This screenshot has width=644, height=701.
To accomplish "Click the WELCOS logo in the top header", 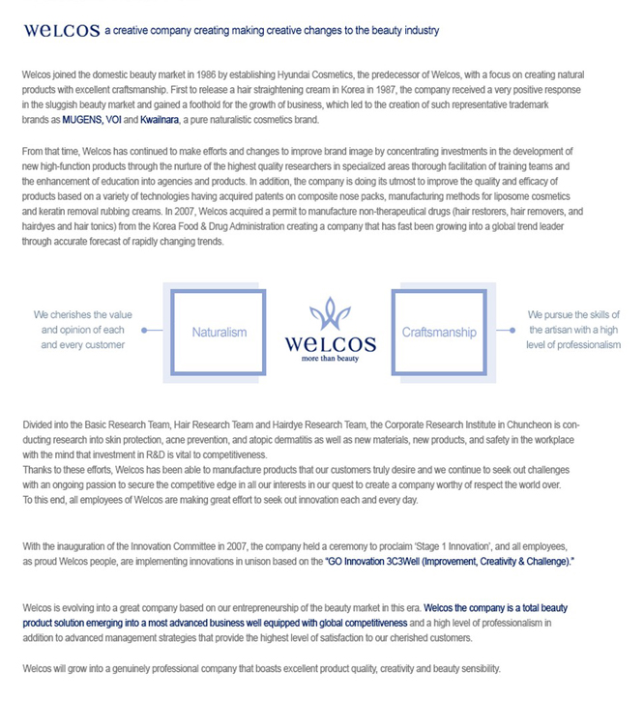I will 61,30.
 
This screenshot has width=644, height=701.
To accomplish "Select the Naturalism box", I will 219,332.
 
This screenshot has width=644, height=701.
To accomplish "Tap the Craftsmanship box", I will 438,332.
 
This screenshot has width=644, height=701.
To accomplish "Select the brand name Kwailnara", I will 166,120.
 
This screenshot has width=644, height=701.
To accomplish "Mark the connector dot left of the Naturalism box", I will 145,330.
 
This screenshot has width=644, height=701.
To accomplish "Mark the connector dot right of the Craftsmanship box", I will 512,330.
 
